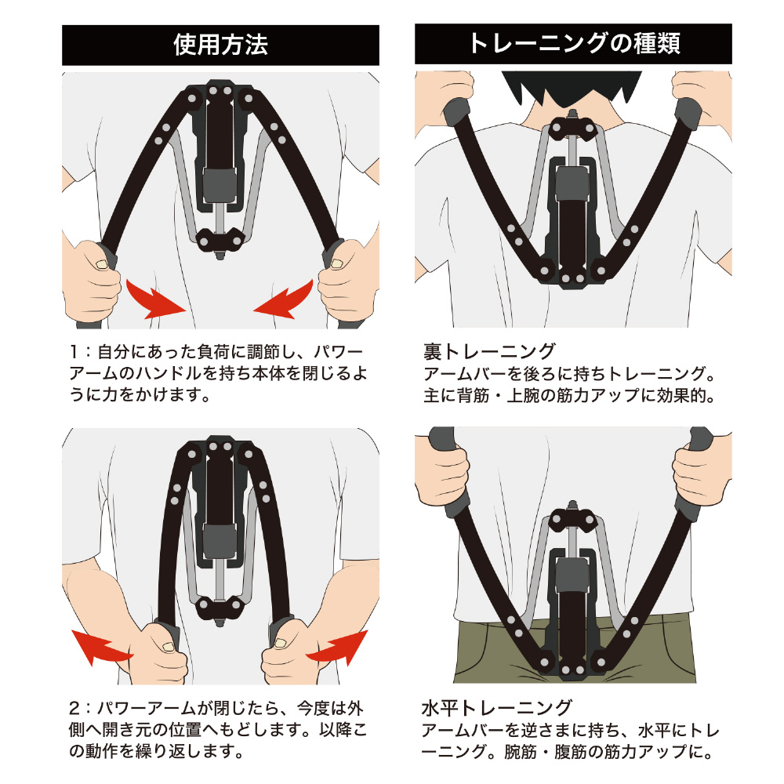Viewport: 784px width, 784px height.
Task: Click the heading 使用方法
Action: click(220, 45)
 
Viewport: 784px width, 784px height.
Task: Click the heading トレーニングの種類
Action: click(574, 43)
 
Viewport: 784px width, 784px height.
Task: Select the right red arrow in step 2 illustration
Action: click(337, 648)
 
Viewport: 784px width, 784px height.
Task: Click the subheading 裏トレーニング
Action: click(489, 351)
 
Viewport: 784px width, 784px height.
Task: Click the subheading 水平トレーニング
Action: click(496, 707)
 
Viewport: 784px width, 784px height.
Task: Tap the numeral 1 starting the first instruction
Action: click(74, 352)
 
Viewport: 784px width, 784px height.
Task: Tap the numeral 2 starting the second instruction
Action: click(74, 708)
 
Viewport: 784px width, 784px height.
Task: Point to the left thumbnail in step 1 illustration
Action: click(102, 264)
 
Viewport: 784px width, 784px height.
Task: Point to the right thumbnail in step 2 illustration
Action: click(280, 644)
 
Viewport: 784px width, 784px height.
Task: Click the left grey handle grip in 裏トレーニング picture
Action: click(457, 113)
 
